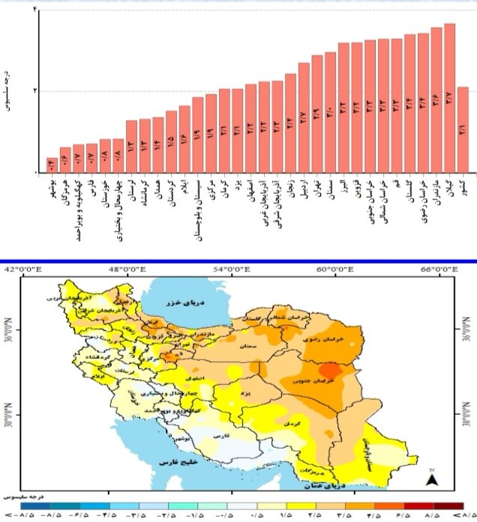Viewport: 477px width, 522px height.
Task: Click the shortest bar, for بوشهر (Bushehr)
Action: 52,165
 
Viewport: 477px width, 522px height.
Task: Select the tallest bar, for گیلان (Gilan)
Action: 449,98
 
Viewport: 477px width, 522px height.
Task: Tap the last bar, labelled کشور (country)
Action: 463,130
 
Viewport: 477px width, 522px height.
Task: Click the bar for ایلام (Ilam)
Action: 184,139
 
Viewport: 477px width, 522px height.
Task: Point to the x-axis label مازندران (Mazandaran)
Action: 436,198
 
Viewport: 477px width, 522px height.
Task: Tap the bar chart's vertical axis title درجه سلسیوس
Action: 8,91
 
